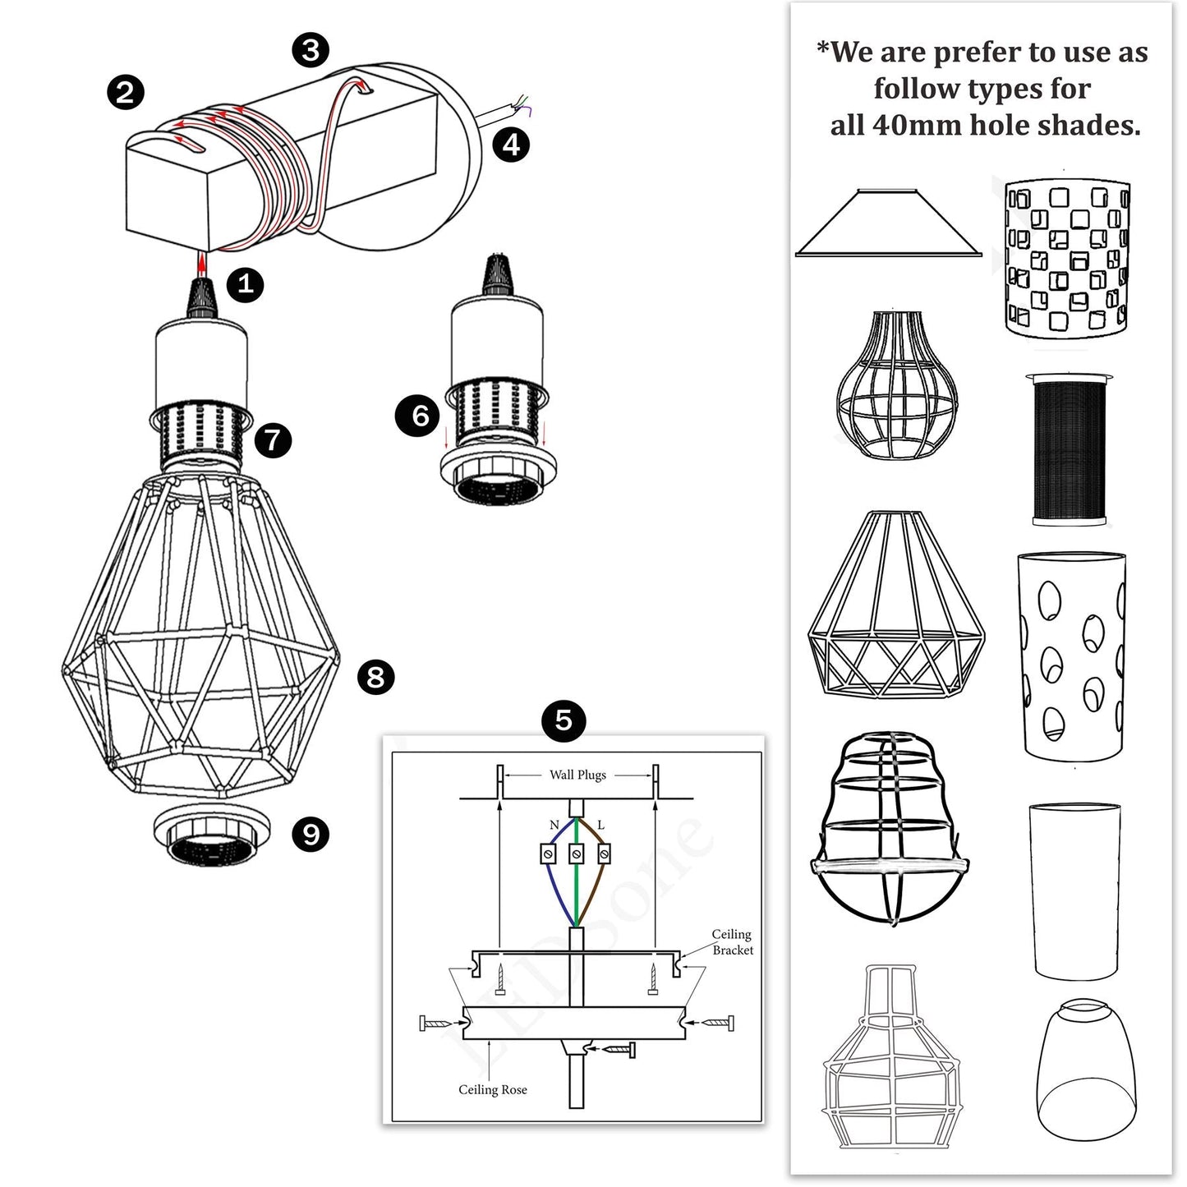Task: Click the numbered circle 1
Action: point(245,284)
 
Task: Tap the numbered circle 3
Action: point(311,50)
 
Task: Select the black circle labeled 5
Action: point(564,720)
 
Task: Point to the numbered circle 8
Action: point(375,677)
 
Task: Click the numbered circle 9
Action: point(311,835)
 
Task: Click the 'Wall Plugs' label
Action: point(577,775)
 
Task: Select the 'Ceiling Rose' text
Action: point(493,1089)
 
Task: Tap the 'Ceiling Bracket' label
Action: point(732,942)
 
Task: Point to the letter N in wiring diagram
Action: point(554,825)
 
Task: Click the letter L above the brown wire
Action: point(600,825)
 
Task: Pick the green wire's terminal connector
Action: point(576,854)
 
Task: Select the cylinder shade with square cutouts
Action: point(1067,258)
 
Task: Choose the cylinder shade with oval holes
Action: point(1072,654)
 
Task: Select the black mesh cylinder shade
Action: point(1069,450)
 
